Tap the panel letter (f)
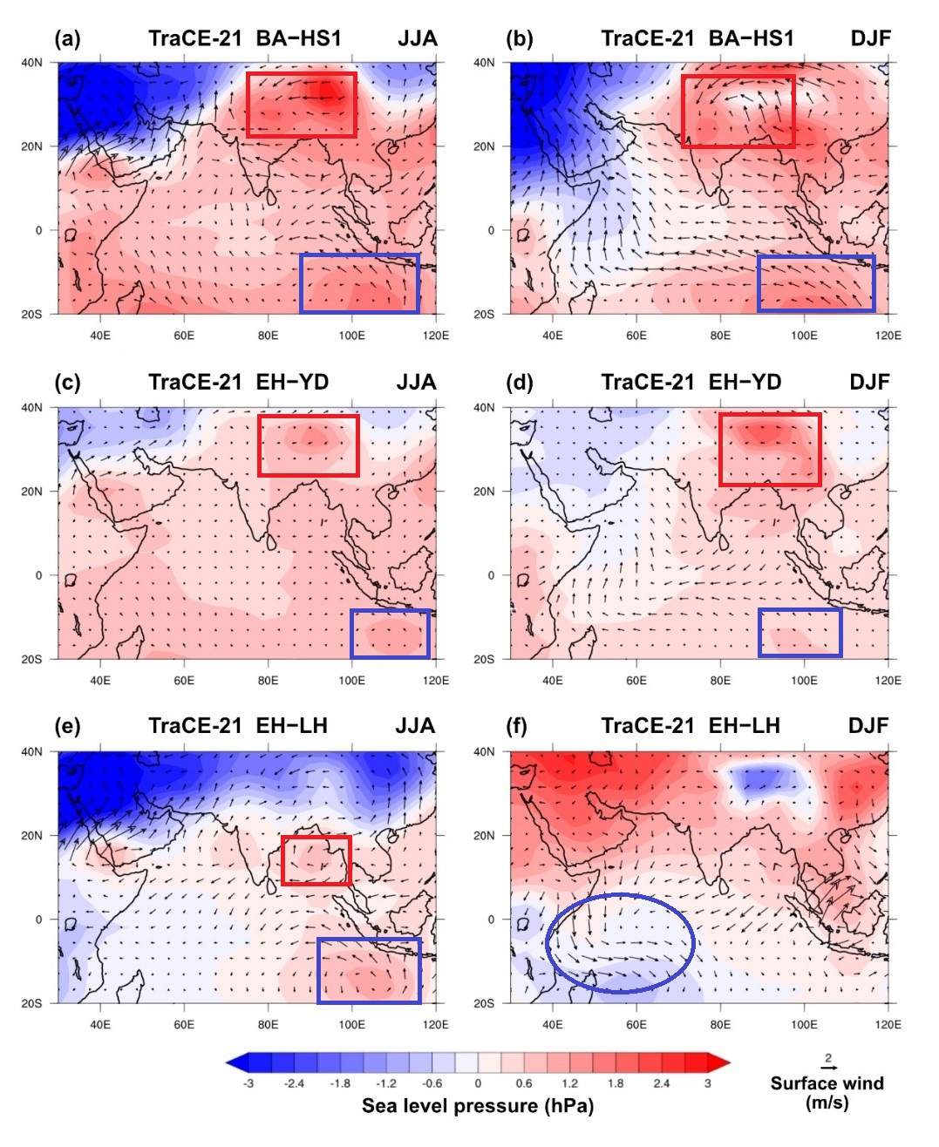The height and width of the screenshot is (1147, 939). [x=517, y=726]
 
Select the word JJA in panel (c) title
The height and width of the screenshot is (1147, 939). [x=417, y=383]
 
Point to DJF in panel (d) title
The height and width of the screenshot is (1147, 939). [x=869, y=383]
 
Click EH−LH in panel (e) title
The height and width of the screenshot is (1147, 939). [x=291, y=726]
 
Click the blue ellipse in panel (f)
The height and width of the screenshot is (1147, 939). [x=620, y=943]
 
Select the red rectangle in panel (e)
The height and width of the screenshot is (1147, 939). [x=316, y=860]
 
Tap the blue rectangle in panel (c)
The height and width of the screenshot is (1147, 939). [x=390, y=634]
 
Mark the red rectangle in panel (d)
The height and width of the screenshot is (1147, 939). [x=770, y=450]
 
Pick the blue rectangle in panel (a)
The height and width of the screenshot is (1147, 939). [x=359, y=283]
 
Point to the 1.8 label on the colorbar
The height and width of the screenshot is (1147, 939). [x=616, y=1083]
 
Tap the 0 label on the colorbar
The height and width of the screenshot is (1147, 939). [x=478, y=1083]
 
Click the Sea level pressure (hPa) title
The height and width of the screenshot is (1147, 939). [x=478, y=1106]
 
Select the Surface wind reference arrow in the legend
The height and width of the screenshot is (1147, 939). [x=828, y=1068]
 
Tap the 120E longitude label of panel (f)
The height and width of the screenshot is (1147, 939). [x=888, y=1024]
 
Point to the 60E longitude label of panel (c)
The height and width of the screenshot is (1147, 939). [x=184, y=680]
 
